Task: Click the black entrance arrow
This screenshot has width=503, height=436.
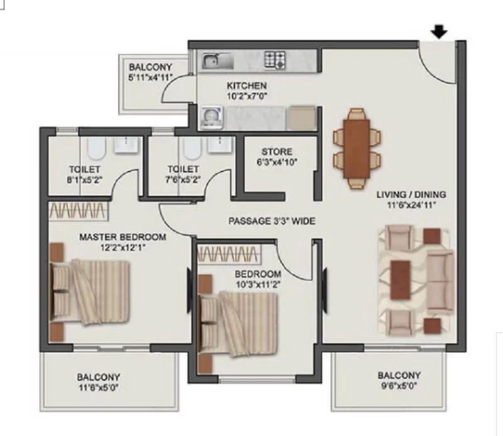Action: pyautogui.click(x=439, y=33)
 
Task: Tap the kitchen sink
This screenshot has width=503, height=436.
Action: pyautogui.click(x=218, y=60)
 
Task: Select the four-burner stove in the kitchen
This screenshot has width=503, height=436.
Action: pyautogui.click(x=275, y=60)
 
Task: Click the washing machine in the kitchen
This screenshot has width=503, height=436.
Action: pyautogui.click(x=212, y=118)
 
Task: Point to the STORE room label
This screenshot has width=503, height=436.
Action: pyautogui.click(x=277, y=151)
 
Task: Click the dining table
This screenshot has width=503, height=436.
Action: pyautogui.click(x=357, y=149)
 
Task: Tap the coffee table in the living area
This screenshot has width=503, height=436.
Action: pyautogui.click(x=401, y=280)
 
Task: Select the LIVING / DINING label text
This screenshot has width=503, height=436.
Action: pyautogui.click(x=411, y=195)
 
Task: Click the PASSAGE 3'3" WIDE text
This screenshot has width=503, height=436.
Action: pyautogui.click(x=272, y=221)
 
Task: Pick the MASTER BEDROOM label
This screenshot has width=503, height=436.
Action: pyautogui.click(x=123, y=237)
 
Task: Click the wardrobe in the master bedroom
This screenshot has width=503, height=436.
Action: pyautogui.click(x=79, y=210)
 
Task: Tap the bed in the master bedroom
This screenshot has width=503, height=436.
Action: pyautogui.click(x=90, y=292)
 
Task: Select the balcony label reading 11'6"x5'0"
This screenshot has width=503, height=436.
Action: pyautogui.click(x=99, y=388)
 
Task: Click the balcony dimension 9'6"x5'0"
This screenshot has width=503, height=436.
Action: pyautogui.click(x=399, y=386)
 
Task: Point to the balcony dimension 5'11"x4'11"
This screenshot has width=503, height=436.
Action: pyautogui.click(x=150, y=77)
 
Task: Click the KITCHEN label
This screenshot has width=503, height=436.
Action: pyautogui.click(x=246, y=85)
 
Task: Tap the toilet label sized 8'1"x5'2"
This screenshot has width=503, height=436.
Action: pyautogui.click(x=85, y=174)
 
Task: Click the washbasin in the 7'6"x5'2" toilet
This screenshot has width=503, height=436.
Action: pyautogui.click(x=219, y=144)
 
